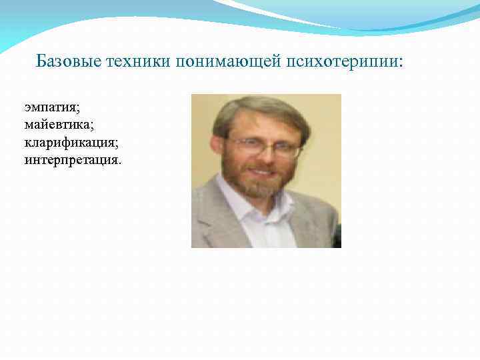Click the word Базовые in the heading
(69, 61)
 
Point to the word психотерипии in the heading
(342, 62)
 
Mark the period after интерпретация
(121, 161)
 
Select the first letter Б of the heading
(41, 61)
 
